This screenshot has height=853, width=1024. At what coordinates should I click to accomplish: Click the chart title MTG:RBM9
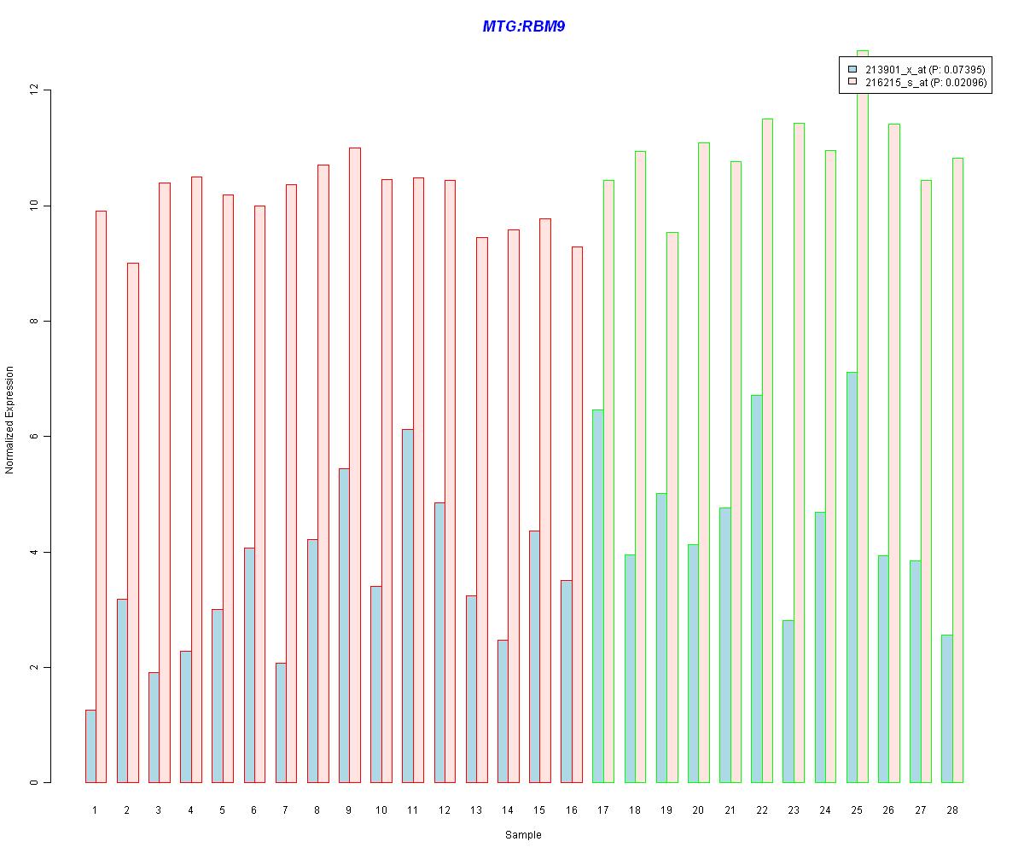click(523, 26)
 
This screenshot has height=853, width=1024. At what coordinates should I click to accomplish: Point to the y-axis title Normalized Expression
click(9, 420)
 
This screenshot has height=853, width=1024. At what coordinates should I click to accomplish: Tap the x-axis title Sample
click(522, 835)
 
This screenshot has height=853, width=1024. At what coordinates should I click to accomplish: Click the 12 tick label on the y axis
click(35, 90)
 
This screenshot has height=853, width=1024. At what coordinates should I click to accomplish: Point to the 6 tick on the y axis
click(35, 437)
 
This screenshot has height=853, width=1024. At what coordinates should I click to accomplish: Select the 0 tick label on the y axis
click(35, 782)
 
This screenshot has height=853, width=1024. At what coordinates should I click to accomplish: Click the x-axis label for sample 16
click(572, 809)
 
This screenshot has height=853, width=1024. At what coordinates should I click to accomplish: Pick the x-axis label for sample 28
click(951, 809)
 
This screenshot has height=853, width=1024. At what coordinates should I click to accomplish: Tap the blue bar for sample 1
click(90, 746)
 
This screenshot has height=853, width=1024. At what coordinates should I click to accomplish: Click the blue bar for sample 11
click(408, 606)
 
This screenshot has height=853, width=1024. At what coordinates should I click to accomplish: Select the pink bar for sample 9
click(355, 465)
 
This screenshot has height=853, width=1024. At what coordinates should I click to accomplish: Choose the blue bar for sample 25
click(852, 577)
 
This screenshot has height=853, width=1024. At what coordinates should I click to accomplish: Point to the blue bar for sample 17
click(597, 596)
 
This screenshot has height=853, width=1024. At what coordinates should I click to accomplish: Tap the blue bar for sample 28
click(946, 709)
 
